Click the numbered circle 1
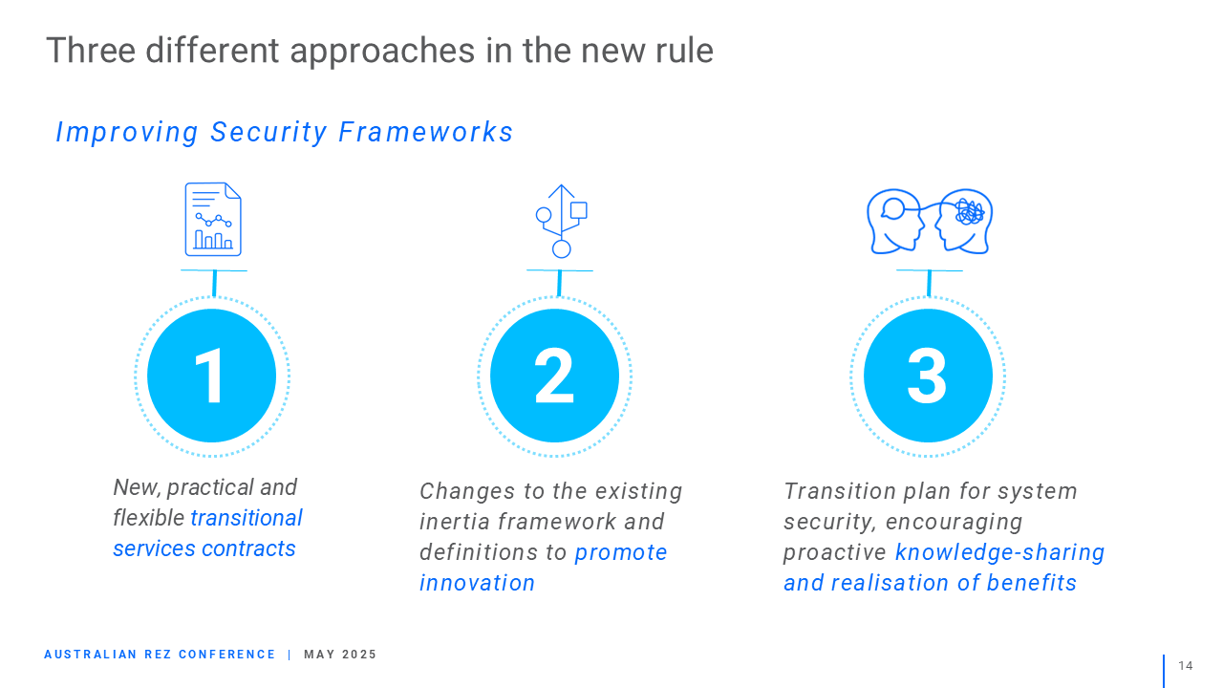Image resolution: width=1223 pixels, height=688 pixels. tap(212, 376)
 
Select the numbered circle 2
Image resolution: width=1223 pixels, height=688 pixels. tap(554, 376)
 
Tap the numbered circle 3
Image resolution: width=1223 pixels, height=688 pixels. tap(928, 376)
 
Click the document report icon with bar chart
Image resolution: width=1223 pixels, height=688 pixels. tap(213, 219)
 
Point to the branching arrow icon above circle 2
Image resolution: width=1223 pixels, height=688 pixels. tap(561, 221)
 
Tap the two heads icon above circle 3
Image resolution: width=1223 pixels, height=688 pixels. tap(930, 221)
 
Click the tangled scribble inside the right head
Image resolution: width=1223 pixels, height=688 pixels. tap(969, 212)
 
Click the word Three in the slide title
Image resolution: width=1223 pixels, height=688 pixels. tap(91, 51)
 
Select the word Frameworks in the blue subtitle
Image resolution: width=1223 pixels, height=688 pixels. tap(425, 132)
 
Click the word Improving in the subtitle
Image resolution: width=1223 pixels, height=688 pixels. tap(127, 133)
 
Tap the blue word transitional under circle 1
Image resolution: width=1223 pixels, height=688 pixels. tap(247, 518)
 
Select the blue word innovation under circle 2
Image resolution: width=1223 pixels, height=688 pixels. tap(477, 583)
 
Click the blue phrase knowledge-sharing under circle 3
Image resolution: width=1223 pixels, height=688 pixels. tap(999, 552)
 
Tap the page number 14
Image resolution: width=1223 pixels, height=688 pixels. tap(1186, 666)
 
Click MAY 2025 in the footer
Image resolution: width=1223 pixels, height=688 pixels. tap(340, 655)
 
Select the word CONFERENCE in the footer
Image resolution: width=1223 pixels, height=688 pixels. tap(227, 655)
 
